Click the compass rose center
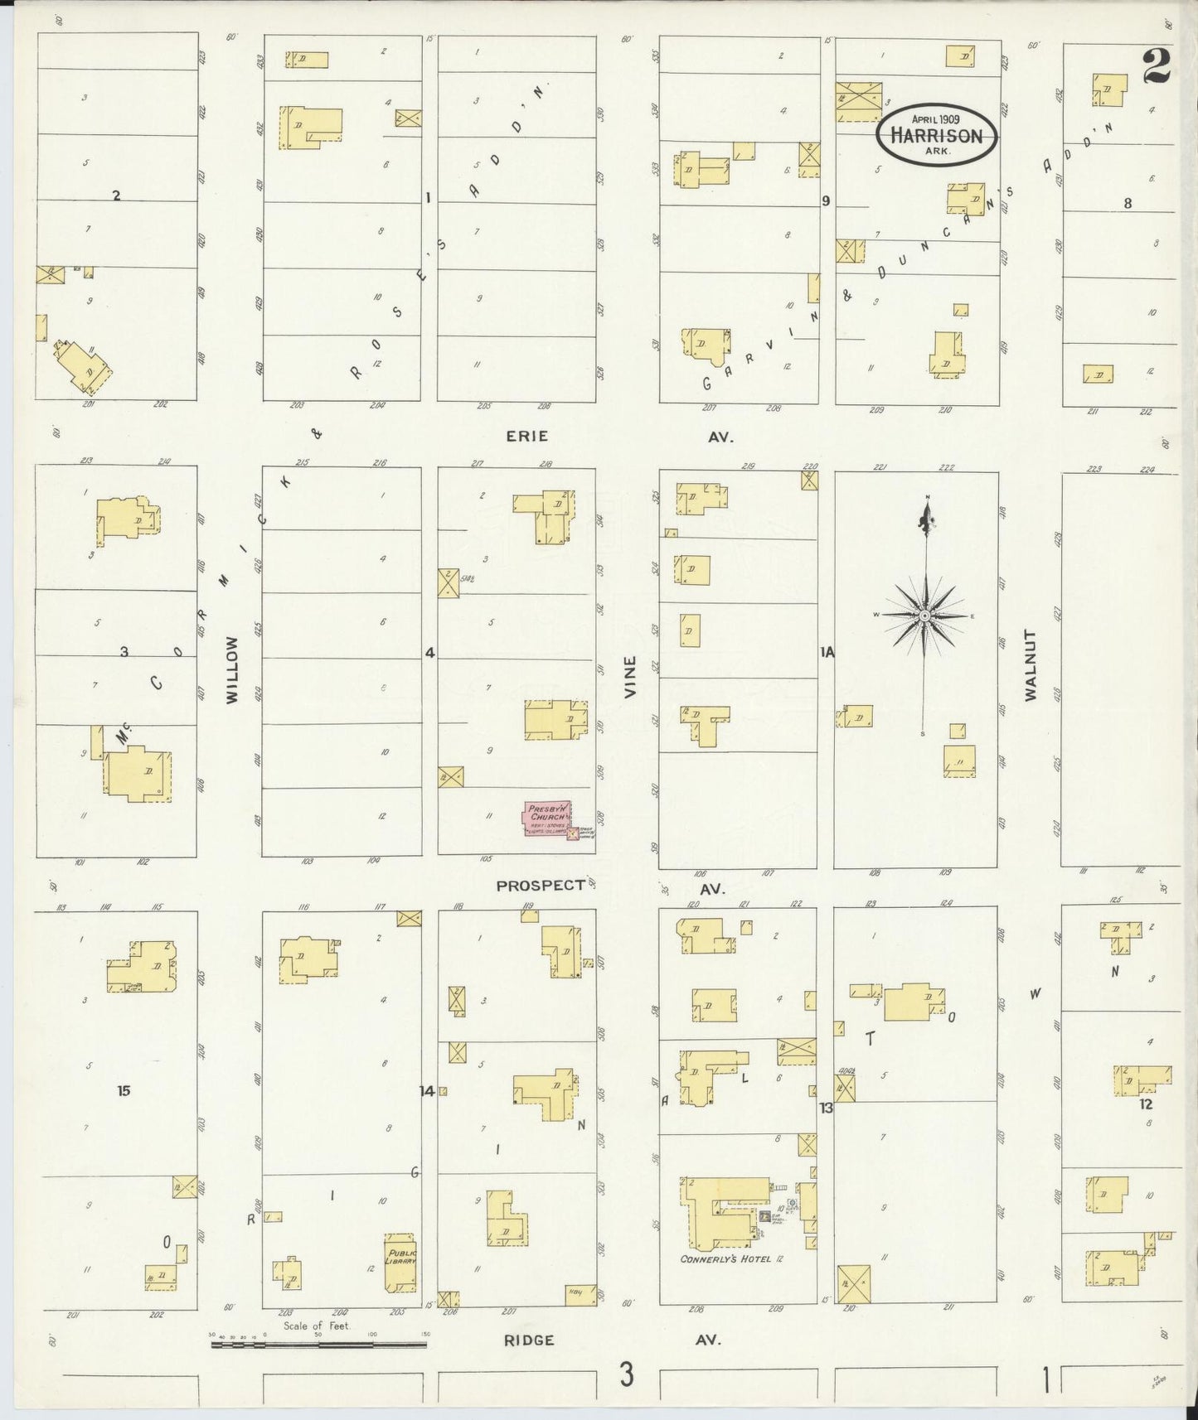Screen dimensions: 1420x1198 [924, 616]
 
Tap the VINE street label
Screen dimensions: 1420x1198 [631, 676]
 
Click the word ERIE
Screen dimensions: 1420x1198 [527, 436]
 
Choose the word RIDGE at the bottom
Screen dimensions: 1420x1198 [529, 1340]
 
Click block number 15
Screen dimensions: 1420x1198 [124, 1090]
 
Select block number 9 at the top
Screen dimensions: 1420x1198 [826, 200]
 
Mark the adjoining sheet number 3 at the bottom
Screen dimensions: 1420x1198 [626, 1375]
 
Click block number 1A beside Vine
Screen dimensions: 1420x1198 [827, 653]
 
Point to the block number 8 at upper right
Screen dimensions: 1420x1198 [1128, 203]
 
